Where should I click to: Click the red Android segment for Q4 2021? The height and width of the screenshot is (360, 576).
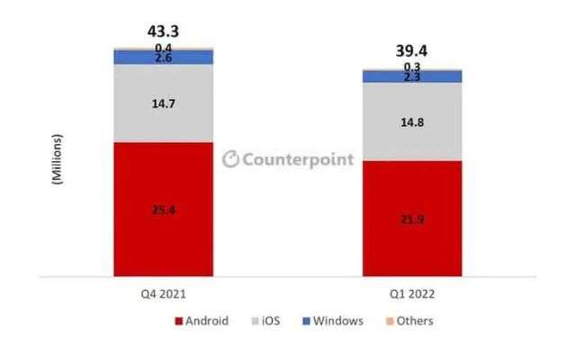pyautogui.click(x=163, y=209)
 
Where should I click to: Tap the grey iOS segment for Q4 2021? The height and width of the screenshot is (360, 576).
pyautogui.click(x=163, y=103)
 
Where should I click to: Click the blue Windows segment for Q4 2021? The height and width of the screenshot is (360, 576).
pyautogui.click(x=163, y=58)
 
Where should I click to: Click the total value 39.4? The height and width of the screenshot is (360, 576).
pyautogui.click(x=411, y=50)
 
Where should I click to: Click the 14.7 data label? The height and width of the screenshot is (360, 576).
pyautogui.click(x=164, y=104)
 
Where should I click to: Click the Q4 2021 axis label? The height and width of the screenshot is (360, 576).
pyautogui.click(x=164, y=293)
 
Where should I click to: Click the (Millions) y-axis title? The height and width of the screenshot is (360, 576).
pyautogui.click(x=57, y=159)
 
